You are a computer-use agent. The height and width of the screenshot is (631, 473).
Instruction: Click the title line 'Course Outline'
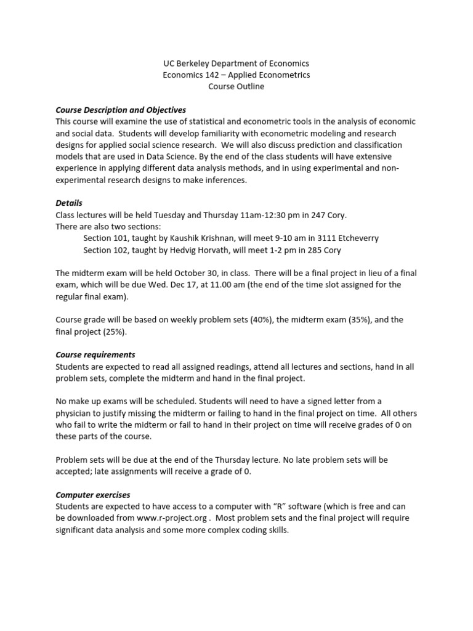pyautogui.click(x=236, y=87)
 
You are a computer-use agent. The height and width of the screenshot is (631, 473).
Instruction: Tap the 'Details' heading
pyautogui.click(x=69, y=203)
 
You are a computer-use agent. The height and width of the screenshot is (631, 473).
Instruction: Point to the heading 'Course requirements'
pyautogui.click(x=95, y=355)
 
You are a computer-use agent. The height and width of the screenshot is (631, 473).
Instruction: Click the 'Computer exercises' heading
pyautogui.click(x=93, y=495)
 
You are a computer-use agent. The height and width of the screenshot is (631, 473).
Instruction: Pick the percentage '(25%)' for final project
pyautogui.click(x=111, y=332)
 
